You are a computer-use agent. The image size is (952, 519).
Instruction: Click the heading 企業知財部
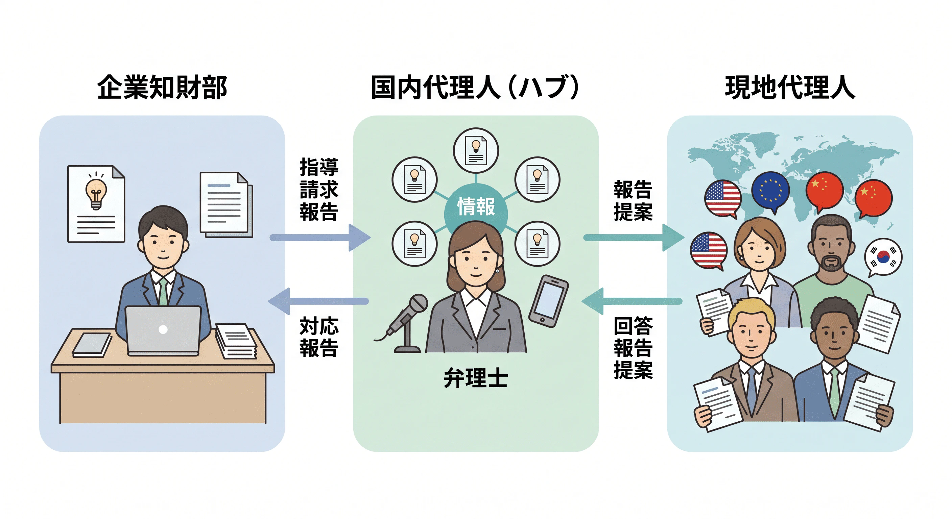tap(162, 87)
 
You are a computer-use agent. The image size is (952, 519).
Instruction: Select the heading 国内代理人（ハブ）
tap(475, 87)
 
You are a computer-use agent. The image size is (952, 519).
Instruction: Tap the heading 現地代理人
tap(790, 87)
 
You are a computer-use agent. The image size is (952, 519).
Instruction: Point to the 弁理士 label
tap(476, 378)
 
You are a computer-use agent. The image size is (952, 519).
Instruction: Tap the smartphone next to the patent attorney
tap(548, 301)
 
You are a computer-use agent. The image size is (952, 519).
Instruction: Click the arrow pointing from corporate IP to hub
tap(320, 238)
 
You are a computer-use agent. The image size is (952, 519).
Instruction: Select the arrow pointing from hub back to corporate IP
tap(318, 301)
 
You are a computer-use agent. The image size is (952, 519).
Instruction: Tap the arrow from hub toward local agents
tap(634, 238)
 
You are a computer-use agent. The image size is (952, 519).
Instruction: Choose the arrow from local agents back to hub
tap(632, 301)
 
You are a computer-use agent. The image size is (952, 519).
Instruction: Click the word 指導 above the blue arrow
tap(319, 167)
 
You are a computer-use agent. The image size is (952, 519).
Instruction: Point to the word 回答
tap(633, 326)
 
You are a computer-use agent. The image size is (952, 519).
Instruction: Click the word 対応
tap(319, 326)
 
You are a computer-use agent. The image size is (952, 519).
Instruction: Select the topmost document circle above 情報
tap(476, 151)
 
